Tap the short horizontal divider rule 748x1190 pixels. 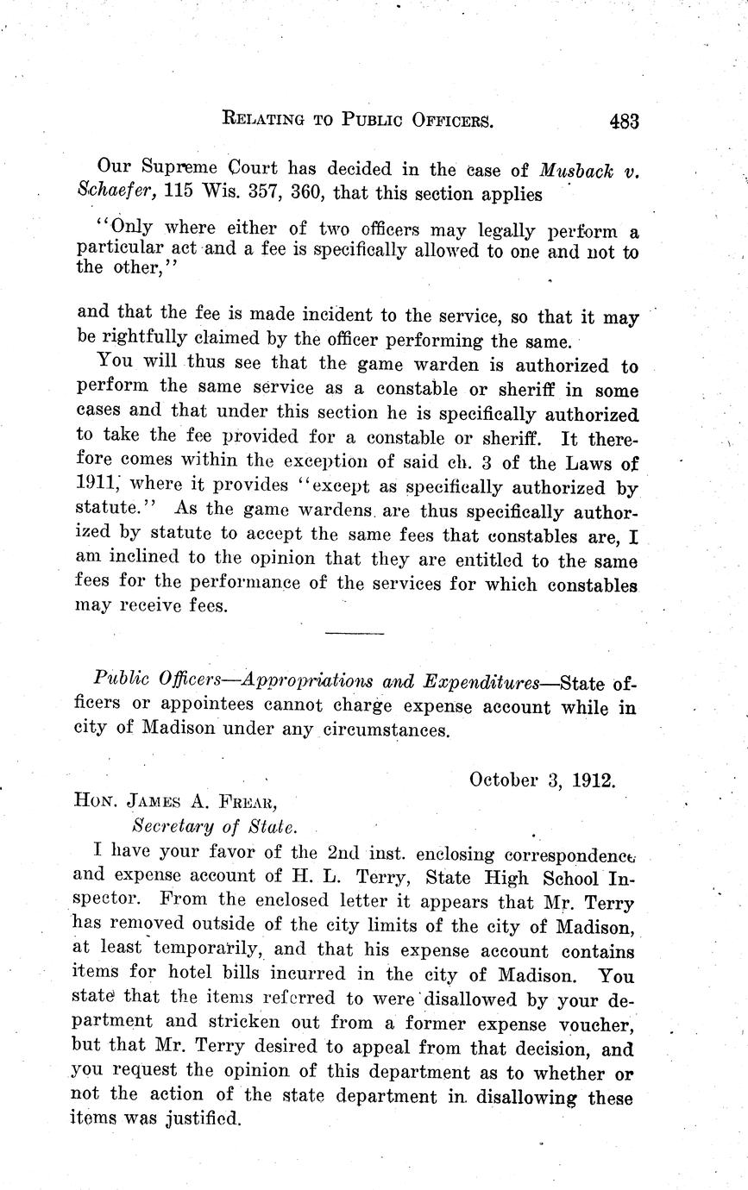click(355, 634)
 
